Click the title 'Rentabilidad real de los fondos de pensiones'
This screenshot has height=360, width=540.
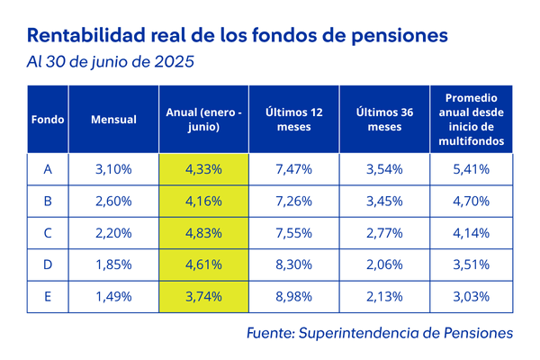(238, 36)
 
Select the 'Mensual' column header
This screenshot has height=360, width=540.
(113, 120)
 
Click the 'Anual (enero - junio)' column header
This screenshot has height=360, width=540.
(203, 120)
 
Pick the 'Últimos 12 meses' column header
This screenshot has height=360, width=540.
(293, 120)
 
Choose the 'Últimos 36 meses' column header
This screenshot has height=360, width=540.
(384, 120)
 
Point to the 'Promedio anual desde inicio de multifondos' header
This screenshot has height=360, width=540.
(472, 120)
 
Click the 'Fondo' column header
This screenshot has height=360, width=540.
(47, 120)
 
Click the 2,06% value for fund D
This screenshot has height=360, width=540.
(384, 265)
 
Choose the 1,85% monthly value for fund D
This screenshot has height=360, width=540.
(113, 265)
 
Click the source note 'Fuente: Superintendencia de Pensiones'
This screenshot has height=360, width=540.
(379, 333)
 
